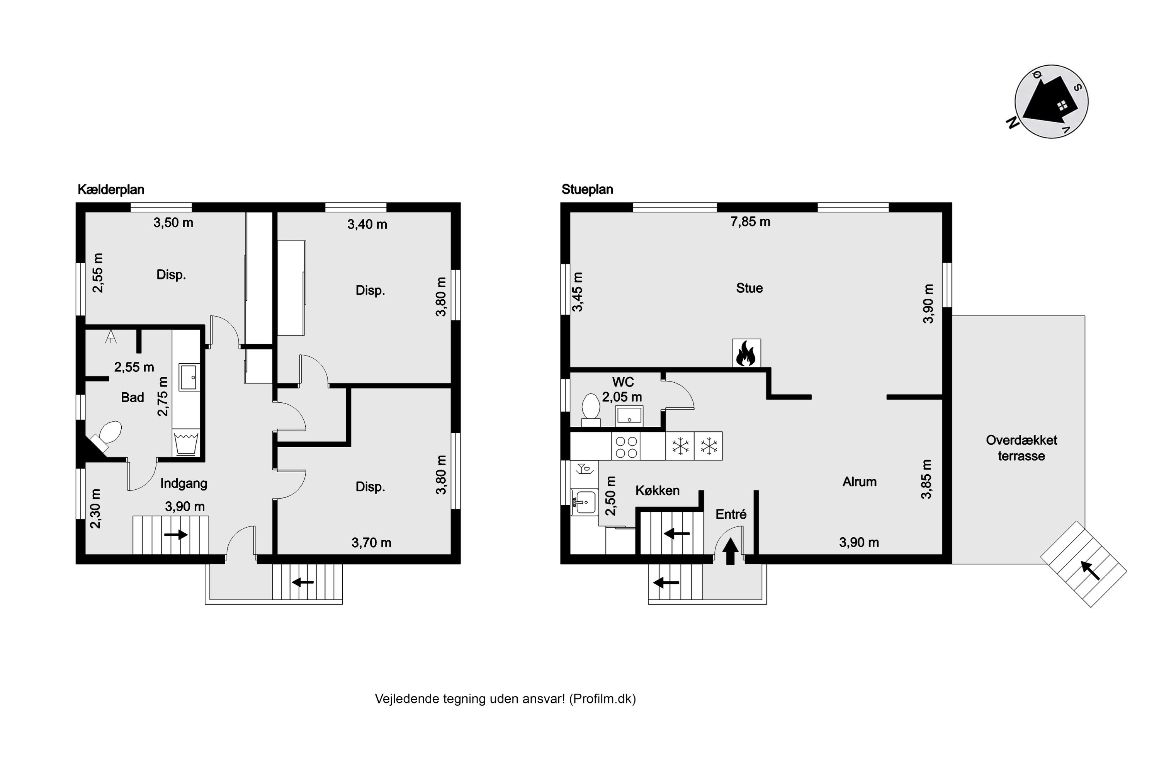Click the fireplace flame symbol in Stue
[746, 353]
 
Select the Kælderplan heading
[111, 190]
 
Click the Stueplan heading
[587, 190]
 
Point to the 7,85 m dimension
[750, 222]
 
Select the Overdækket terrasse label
[1021, 448]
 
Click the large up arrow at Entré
[730, 551]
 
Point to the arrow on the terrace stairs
[1090, 570]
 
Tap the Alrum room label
[859, 482]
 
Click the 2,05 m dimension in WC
[622, 397]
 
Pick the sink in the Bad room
[189, 377]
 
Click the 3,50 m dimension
[173, 223]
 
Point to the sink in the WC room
[629, 415]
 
